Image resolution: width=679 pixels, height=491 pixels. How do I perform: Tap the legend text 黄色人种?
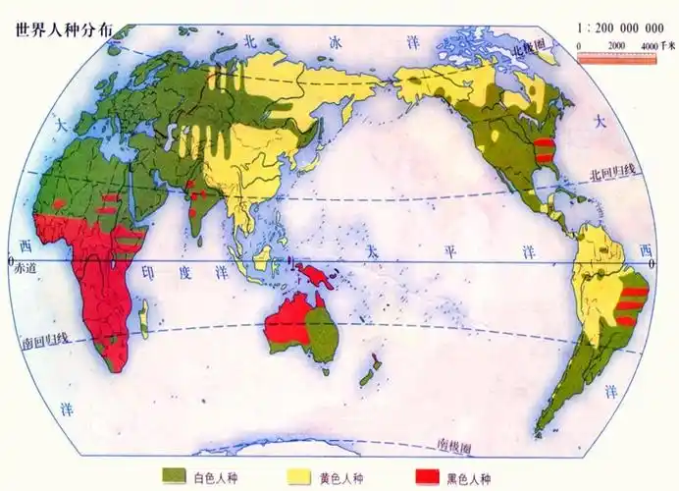[x=341, y=477]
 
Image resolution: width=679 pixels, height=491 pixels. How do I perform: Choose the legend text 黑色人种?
[x=469, y=477]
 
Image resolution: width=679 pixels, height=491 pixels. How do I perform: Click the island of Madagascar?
[x=144, y=313]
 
